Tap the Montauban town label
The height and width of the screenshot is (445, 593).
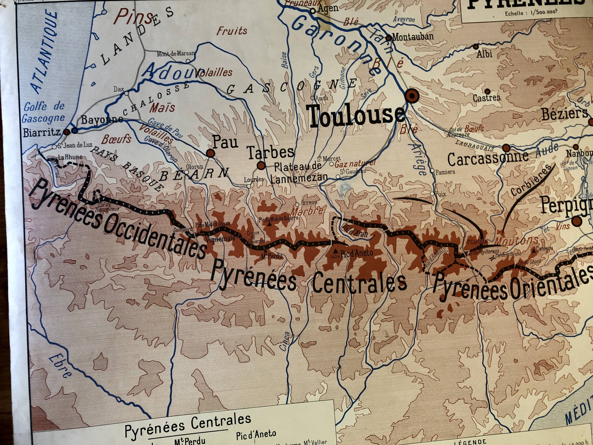pyautogui.click(x=413, y=36)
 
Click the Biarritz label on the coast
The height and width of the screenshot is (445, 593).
pyautogui.click(x=42, y=132)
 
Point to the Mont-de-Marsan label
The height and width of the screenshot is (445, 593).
pyautogui.click(x=176, y=54)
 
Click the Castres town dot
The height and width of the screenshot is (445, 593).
pyautogui.click(x=488, y=91)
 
